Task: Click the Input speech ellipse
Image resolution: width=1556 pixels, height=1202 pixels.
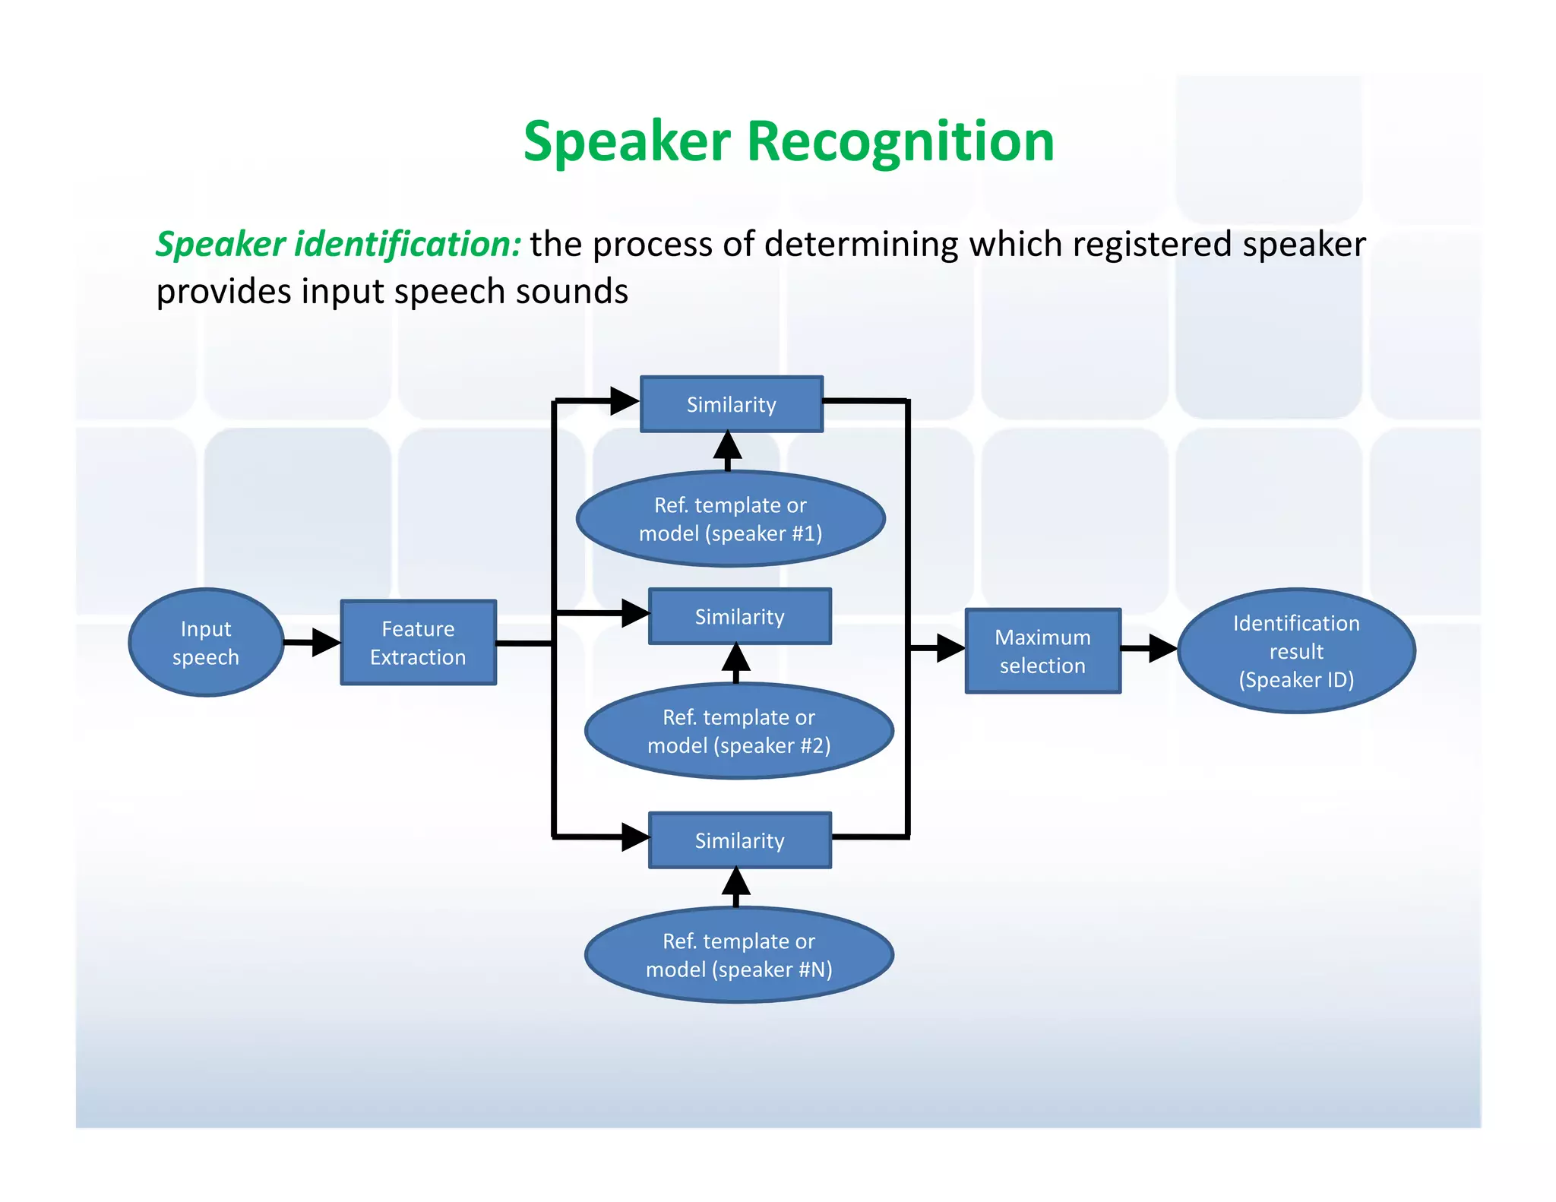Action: [x=206, y=643]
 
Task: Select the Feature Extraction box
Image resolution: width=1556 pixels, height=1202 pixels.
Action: [x=419, y=643]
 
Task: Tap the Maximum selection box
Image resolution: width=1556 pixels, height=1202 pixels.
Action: [x=1042, y=651]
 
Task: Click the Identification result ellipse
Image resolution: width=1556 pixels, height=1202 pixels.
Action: [x=1296, y=651]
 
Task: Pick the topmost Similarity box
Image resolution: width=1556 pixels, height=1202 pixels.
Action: [x=732, y=404]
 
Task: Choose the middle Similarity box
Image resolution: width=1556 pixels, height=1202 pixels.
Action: [x=740, y=616]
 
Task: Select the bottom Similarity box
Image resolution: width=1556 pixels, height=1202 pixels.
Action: [x=740, y=840]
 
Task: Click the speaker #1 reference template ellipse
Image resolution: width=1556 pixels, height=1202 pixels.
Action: [x=731, y=519]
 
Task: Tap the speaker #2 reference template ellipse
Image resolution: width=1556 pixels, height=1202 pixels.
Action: [x=739, y=731]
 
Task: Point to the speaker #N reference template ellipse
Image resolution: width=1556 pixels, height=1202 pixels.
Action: [x=739, y=955]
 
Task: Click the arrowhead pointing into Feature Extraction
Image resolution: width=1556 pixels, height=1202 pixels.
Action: [x=327, y=643]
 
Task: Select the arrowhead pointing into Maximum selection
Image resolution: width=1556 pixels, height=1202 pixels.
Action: [x=950, y=648]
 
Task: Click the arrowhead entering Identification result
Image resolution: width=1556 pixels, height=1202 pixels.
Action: [x=1162, y=648]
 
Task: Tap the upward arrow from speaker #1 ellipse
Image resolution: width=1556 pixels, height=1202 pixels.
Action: [x=728, y=448]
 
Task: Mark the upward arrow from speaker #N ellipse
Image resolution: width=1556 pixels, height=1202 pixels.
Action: [x=735, y=885]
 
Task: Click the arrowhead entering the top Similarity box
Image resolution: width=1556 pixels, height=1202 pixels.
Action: [x=625, y=400]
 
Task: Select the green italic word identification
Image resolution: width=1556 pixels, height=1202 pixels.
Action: [x=407, y=245]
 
